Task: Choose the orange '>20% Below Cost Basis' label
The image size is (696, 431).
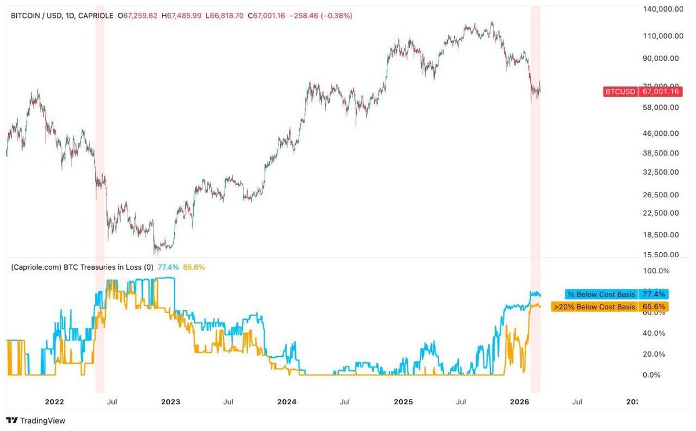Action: pyautogui.click(x=594, y=307)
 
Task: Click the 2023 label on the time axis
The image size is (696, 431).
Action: pyautogui.click(x=171, y=401)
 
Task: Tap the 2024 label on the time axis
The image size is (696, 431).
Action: pyautogui.click(x=287, y=401)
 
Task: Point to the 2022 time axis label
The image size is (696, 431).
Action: pyautogui.click(x=55, y=401)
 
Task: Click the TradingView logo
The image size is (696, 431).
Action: pyautogui.click(x=36, y=421)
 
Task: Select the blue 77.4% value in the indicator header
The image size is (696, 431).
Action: pyautogui.click(x=168, y=267)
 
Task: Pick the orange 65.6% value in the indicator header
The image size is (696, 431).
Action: pyautogui.click(x=194, y=267)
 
